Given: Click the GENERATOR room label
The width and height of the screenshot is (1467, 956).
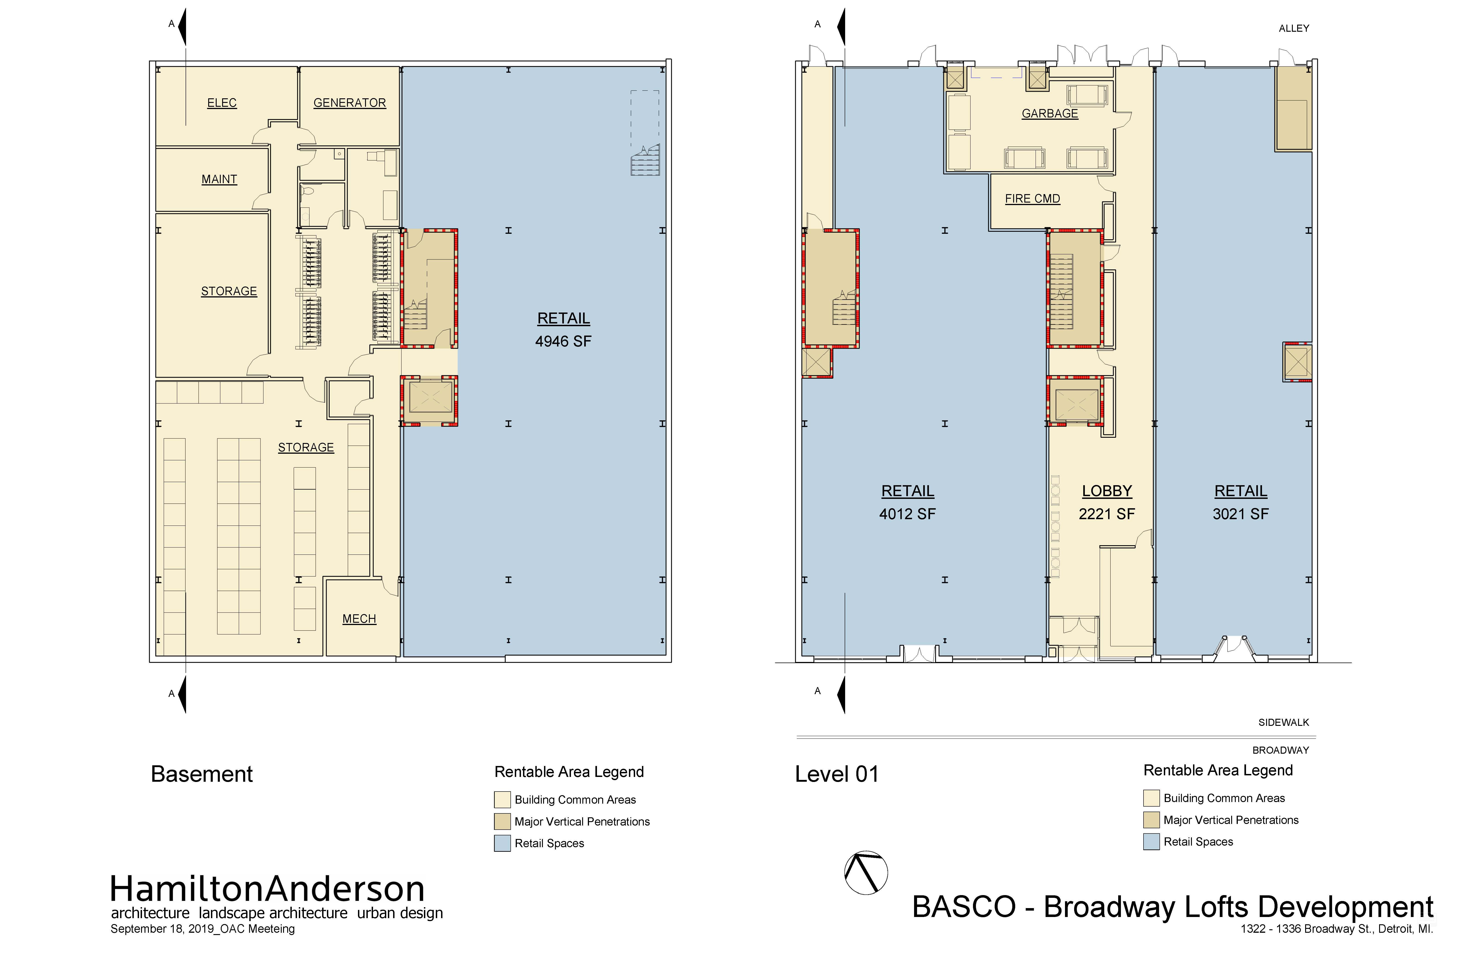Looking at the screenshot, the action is pos(350,103).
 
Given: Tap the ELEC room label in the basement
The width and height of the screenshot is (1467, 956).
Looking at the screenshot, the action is pos(222,103).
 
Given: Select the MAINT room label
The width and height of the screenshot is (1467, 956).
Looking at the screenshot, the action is pos(219,179).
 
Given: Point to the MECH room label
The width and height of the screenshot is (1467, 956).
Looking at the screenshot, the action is pos(359,619).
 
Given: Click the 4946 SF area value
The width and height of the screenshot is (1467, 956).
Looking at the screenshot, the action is pos(563,341).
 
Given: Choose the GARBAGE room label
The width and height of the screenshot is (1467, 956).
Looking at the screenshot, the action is pos(1050,113).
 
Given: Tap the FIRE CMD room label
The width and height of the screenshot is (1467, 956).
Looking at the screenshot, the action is pos(1032,199).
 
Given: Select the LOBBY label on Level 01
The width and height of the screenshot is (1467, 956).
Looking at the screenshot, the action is pos(1107,491).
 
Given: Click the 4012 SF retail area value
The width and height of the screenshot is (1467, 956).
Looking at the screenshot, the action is pos(907,514).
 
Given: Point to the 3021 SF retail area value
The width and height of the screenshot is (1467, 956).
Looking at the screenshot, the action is pos(1241,514).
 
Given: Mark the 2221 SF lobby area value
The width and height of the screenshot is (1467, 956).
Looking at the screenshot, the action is pos(1107,514).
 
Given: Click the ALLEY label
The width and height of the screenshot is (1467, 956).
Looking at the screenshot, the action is pos(1294,28).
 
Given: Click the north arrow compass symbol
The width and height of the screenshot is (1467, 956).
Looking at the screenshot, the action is pos(866,873).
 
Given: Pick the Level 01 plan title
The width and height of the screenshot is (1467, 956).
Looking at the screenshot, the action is pos(837,774).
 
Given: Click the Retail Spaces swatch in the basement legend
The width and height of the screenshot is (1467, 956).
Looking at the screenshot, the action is pos(502,843).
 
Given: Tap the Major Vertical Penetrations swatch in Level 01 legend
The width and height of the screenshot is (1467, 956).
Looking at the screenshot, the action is pos(1152,820).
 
